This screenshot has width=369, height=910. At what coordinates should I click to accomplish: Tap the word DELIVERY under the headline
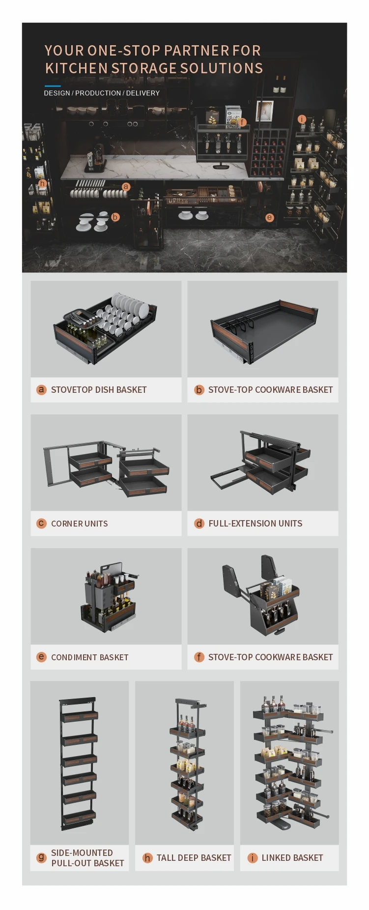pyautogui.click(x=142, y=93)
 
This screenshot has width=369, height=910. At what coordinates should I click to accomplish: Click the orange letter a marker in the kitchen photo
pyautogui.click(x=126, y=186)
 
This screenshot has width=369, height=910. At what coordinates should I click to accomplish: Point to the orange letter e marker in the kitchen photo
pyautogui.click(x=269, y=217)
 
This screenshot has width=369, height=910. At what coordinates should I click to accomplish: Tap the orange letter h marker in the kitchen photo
pyautogui.click(x=43, y=184)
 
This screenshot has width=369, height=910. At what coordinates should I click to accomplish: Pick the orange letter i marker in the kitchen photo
pyautogui.click(x=302, y=119)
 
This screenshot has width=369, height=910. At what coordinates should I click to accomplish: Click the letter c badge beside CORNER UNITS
pyautogui.click(x=41, y=523)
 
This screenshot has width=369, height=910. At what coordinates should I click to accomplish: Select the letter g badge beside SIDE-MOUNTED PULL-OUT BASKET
pyautogui.click(x=41, y=858)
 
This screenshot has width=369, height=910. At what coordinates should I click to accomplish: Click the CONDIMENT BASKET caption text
pyautogui.click(x=89, y=657)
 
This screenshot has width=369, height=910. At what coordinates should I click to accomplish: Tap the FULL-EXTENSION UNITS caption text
pyautogui.click(x=255, y=524)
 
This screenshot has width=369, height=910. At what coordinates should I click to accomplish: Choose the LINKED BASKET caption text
pyautogui.click(x=292, y=858)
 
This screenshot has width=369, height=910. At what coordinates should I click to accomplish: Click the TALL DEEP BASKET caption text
pyautogui.click(x=194, y=858)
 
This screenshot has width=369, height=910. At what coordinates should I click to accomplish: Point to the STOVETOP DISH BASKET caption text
pyautogui.click(x=99, y=390)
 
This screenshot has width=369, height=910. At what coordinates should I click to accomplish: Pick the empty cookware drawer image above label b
pyautogui.click(x=263, y=331)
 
